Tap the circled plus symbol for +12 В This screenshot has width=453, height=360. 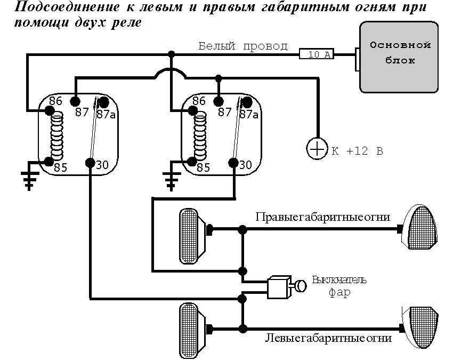(317, 149)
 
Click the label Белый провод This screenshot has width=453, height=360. (243, 46)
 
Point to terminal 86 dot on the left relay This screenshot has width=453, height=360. (50, 110)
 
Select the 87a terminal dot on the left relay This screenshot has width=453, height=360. (103, 102)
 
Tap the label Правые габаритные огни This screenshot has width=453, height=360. (322, 218)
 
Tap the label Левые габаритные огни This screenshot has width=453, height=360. (328, 338)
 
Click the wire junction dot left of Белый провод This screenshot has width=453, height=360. (171, 54)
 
